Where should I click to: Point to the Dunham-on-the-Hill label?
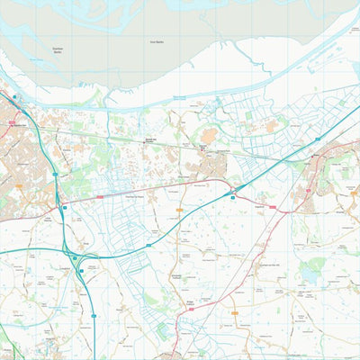click(x=270, y=265)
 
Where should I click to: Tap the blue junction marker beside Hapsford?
click(x=233, y=196)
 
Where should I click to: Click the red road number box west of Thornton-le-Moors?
click(x=99, y=196)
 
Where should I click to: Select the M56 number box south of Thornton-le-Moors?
click(x=148, y=245)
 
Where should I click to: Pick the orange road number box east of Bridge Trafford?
click(x=235, y=313)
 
